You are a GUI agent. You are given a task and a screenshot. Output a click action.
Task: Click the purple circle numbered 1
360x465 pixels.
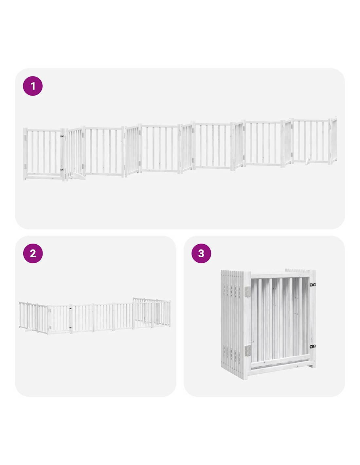(32, 86)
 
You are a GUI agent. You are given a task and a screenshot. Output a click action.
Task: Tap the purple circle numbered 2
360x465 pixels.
(33, 253)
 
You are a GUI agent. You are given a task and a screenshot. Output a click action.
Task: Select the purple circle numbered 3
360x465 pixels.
(201, 253)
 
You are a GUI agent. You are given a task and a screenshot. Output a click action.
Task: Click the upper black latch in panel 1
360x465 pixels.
(62, 136)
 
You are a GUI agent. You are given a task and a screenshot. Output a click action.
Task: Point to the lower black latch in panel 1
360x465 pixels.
(62, 169)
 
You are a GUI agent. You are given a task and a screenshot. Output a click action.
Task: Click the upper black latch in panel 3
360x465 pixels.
(313, 284)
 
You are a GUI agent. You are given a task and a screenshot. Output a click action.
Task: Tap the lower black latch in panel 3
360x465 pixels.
(313, 346)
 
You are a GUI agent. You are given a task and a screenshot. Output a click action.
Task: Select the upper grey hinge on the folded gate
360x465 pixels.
(247, 292)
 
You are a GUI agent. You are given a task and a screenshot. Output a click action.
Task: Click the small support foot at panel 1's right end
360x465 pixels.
(308, 161)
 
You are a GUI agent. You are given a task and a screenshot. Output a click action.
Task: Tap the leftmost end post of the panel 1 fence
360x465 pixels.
(25, 154)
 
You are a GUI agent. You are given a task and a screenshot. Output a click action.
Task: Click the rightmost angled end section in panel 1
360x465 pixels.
(333, 140)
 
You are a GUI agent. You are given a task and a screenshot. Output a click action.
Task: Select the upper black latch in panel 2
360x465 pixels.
(70, 309)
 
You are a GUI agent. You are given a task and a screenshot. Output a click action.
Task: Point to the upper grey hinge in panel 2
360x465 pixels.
(50, 311)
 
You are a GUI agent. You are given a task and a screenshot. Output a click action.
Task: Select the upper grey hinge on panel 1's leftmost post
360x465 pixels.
(25, 138)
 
